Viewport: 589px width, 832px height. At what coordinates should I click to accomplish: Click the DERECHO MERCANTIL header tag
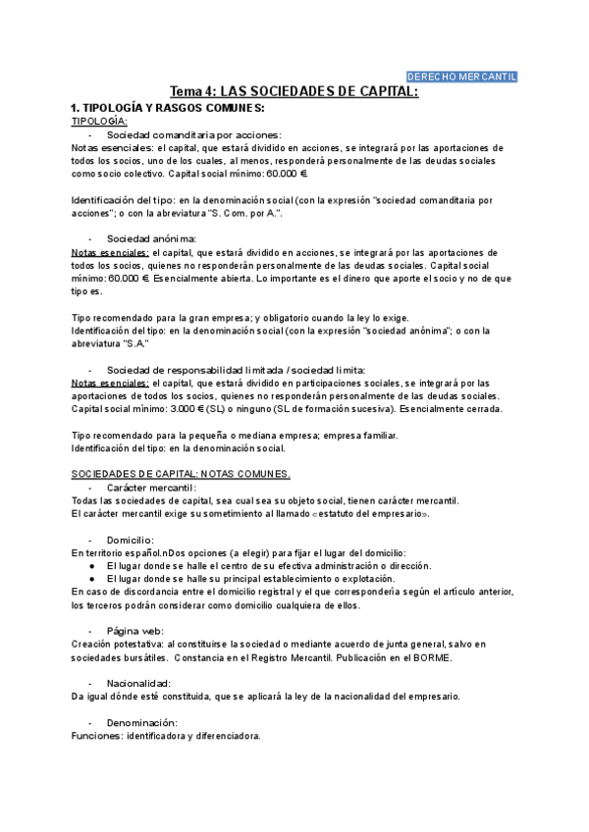pyautogui.click(x=461, y=77)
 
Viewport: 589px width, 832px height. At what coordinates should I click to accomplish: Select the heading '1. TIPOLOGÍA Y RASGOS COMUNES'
pyautogui.click(x=168, y=107)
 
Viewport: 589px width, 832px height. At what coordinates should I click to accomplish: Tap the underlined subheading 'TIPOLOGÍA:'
pyautogui.click(x=99, y=121)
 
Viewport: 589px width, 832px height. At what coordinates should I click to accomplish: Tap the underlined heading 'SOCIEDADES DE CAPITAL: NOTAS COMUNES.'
pyautogui.click(x=182, y=474)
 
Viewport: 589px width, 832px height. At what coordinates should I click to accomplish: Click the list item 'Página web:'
pyautogui.click(x=135, y=630)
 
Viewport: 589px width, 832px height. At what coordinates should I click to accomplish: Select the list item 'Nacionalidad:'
pyautogui.click(x=139, y=682)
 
